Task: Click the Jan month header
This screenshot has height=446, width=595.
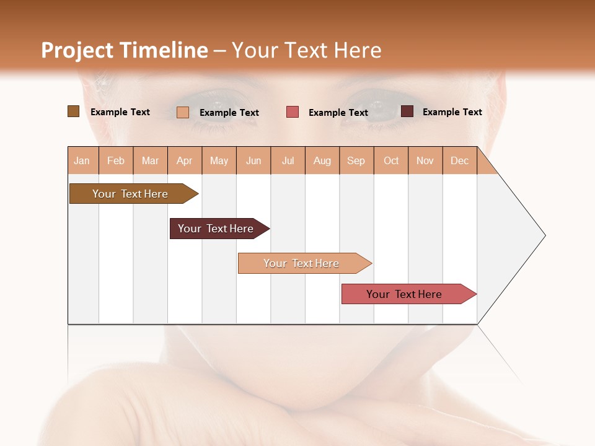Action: click(x=82, y=160)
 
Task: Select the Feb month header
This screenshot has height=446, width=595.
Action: click(x=116, y=160)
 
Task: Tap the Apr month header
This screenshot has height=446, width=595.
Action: click(x=185, y=160)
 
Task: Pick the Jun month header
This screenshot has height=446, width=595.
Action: click(x=253, y=160)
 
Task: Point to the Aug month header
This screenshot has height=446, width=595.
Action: click(x=322, y=160)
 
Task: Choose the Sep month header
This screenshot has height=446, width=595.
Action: click(x=356, y=160)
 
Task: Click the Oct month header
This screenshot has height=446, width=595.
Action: click(x=391, y=160)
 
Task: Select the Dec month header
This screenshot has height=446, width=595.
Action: click(x=460, y=160)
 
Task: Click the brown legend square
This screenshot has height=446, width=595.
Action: click(x=73, y=111)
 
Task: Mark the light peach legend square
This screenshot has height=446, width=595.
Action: click(x=183, y=112)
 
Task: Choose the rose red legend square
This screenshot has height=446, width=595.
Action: click(x=293, y=112)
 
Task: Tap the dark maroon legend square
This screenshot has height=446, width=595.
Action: click(x=407, y=111)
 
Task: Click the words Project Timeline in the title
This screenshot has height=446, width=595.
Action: click(x=125, y=50)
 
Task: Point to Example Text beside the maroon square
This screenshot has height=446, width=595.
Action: click(x=452, y=111)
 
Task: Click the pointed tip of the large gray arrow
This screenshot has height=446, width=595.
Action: click(x=544, y=235)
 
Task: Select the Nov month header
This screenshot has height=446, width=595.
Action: click(x=425, y=160)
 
